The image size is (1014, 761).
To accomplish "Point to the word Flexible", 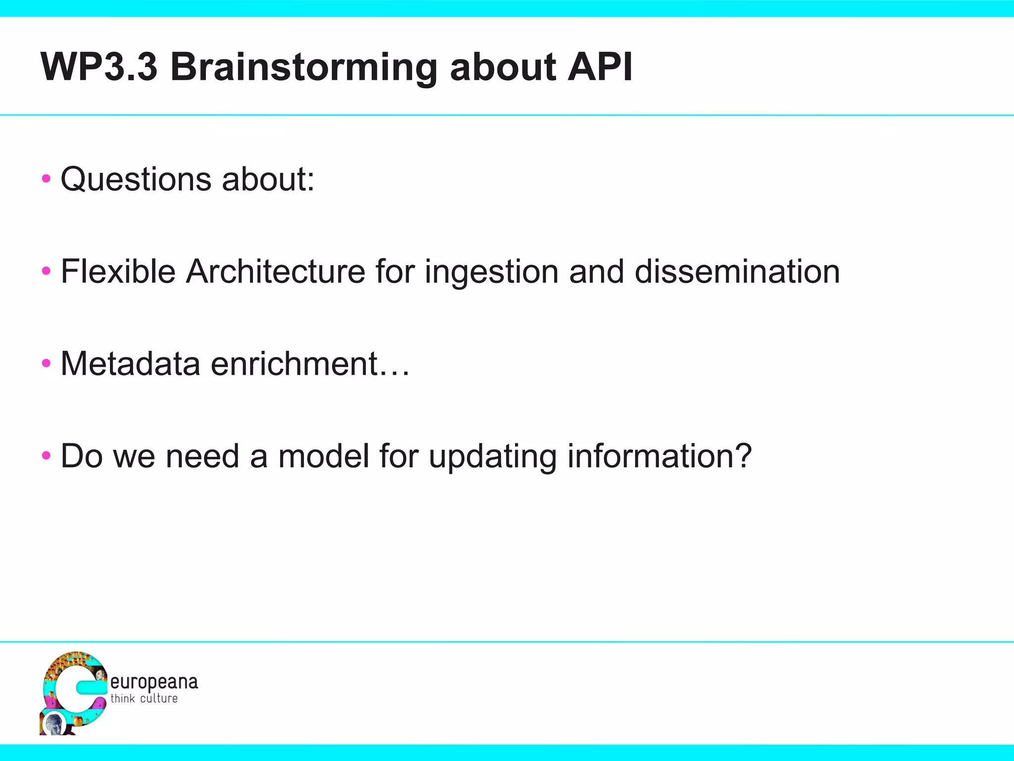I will point(118,272).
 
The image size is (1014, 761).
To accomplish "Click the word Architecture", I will point(275,272).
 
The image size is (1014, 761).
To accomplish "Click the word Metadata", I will point(130,364).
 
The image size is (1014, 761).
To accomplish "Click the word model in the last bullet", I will point(324,456).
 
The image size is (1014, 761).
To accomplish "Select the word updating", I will point(493,457).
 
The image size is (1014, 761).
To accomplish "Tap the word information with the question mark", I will point(659,456).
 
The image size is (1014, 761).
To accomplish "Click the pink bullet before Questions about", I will point(46,179).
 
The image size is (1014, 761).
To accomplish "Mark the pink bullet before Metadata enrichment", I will point(46,364).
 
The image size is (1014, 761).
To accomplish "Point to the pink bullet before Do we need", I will point(46,456).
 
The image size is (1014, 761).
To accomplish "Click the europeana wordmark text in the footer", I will point(154,683).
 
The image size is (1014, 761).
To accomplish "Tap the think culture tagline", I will point(144,699).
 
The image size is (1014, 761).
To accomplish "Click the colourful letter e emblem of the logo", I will point(73,692).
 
